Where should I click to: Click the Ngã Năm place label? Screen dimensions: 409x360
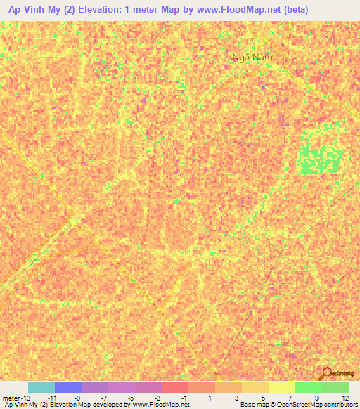click(251, 58)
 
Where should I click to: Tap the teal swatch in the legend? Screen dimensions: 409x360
click(41, 387)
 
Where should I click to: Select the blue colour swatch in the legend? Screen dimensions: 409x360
click(68, 387)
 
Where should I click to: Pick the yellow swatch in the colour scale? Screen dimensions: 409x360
click(281, 387)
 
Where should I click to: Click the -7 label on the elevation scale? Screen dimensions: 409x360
click(104, 397)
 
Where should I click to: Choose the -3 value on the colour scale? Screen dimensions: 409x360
click(157, 397)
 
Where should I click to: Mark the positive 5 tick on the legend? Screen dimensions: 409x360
click(263, 397)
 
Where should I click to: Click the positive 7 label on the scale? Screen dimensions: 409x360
click(290, 397)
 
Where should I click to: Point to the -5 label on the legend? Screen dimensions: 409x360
click(131, 397)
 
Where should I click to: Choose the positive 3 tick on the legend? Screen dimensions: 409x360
click(236, 397)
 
